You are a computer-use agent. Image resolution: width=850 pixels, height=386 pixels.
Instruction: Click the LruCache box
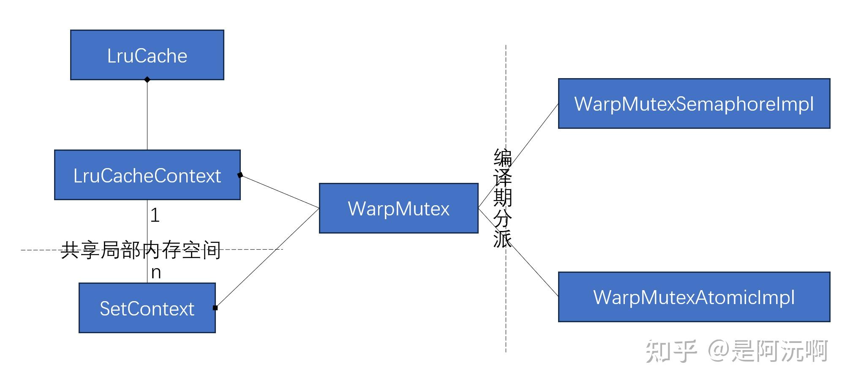[x=147, y=55]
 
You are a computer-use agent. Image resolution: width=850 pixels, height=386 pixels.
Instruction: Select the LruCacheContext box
[x=147, y=175]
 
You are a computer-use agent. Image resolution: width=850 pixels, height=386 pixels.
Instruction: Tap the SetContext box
[x=147, y=308]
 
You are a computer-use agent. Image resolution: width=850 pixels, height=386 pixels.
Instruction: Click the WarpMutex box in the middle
[x=398, y=208]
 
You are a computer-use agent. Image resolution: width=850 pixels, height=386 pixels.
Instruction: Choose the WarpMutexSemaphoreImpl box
[x=694, y=103]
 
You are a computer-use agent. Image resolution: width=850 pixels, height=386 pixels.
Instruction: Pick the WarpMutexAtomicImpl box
[x=694, y=297]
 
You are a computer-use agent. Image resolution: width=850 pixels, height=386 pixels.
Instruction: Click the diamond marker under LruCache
[x=147, y=79]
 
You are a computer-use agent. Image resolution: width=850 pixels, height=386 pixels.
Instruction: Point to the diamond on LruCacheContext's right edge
[x=240, y=175]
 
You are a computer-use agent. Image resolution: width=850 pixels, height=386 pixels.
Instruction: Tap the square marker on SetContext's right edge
[x=215, y=308]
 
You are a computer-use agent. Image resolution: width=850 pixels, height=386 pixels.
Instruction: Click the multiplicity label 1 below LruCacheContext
[x=155, y=215]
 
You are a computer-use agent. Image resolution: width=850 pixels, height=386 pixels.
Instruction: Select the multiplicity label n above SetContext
[x=156, y=272]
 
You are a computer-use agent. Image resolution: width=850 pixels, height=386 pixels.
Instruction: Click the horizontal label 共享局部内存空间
[x=141, y=250]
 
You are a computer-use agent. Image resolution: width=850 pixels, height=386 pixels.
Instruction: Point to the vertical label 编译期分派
[x=502, y=198]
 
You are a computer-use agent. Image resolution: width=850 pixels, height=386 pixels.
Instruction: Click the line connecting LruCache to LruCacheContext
[x=147, y=114]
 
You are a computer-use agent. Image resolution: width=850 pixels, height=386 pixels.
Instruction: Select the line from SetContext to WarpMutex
[x=267, y=258]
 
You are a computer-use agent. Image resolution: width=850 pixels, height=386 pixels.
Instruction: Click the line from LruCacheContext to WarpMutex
[x=279, y=191]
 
